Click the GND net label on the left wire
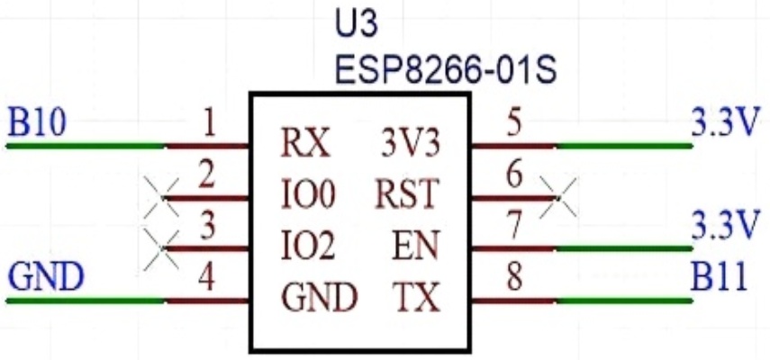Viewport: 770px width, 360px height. click(x=44, y=278)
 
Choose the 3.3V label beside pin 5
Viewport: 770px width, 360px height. click(x=721, y=122)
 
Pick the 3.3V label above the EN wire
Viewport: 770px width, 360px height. click(x=721, y=222)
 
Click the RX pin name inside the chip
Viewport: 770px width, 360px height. click(x=303, y=144)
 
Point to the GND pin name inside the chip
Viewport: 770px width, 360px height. click(x=319, y=297)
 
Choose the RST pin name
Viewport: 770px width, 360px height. click(x=407, y=194)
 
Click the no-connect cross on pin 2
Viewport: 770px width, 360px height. click(x=162, y=197)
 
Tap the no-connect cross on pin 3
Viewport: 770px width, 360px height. click(x=162, y=248)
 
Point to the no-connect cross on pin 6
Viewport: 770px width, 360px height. click(x=559, y=197)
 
